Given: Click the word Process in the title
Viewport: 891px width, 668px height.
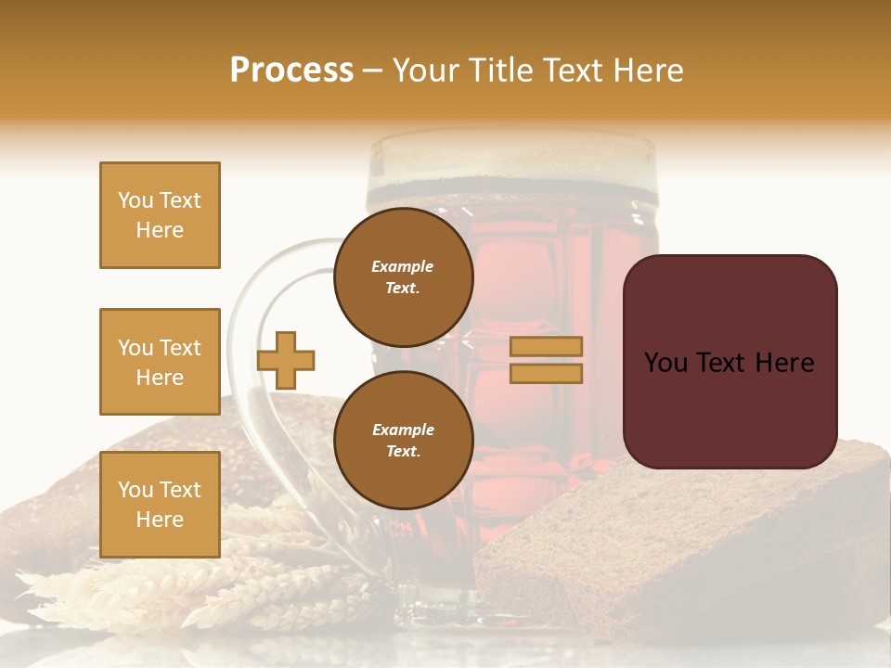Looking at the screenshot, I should [x=291, y=71].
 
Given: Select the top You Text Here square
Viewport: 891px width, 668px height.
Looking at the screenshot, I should [x=160, y=215].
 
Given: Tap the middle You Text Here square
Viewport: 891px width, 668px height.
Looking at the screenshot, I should [x=160, y=362].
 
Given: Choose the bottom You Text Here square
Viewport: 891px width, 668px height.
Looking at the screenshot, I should [x=160, y=505].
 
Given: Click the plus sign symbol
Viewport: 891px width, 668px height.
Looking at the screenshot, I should [x=286, y=360].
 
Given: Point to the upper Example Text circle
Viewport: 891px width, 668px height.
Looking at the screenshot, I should [x=403, y=277].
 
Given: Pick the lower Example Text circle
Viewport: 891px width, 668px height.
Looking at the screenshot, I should [x=403, y=441].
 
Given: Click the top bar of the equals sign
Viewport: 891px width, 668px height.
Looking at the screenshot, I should [x=546, y=346].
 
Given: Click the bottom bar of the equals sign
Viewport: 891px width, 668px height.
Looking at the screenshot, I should [x=546, y=373].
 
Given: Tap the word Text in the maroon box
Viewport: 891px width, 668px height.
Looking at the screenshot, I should [x=729, y=363].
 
